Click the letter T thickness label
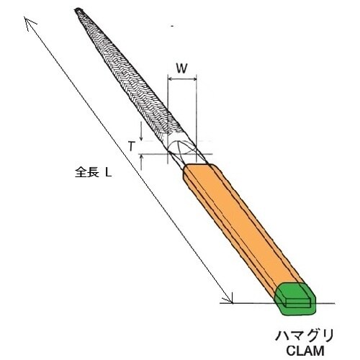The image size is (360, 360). click(x=131, y=145)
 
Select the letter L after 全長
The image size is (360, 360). click(x=107, y=174)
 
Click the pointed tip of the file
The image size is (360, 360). click(x=77, y=10)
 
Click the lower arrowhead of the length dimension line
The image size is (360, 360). click(x=231, y=299)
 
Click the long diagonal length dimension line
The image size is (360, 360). click(x=130, y=162)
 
